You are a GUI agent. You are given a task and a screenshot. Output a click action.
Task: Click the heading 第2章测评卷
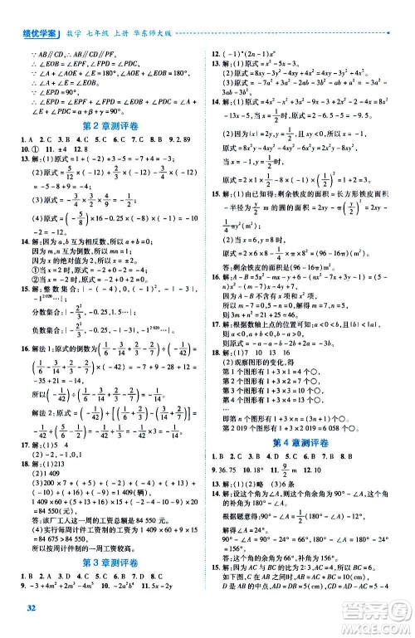point(107,126)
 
